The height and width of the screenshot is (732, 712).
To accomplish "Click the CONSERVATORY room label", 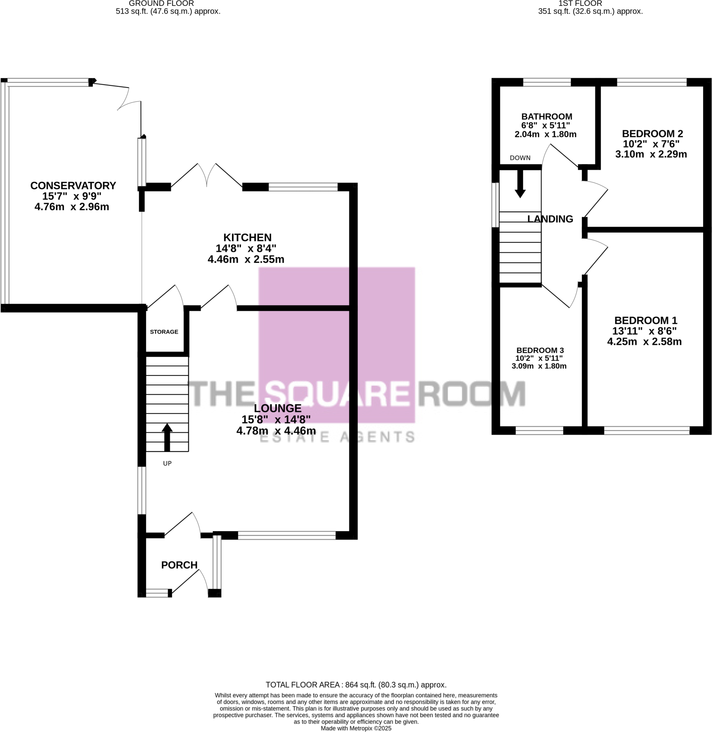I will tap(73, 186).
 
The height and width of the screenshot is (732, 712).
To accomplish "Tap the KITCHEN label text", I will tap(247, 237).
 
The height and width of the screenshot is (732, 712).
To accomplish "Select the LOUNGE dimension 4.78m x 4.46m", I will tap(276, 431).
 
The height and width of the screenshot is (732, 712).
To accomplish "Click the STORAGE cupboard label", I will tap(164, 332).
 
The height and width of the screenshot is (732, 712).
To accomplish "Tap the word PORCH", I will tap(179, 565).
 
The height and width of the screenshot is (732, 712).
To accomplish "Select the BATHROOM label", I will tap(546, 116).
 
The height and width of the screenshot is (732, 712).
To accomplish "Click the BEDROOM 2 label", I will tap(652, 134).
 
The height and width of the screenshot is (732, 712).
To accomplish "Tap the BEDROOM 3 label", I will tap(540, 350).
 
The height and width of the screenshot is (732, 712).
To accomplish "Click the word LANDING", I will tap(550, 219).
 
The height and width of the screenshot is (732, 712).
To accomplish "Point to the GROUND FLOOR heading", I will tap(161, 3).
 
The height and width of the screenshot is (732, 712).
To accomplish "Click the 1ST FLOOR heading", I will tap(580, 3).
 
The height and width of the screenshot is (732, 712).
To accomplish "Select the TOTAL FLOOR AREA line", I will tap(356, 685).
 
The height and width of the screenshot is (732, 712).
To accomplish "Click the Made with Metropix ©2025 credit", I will tap(356, 728).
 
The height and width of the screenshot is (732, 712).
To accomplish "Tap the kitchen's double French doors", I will tap(207, 175).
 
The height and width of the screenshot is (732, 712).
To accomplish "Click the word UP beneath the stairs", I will tap(167, 463).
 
